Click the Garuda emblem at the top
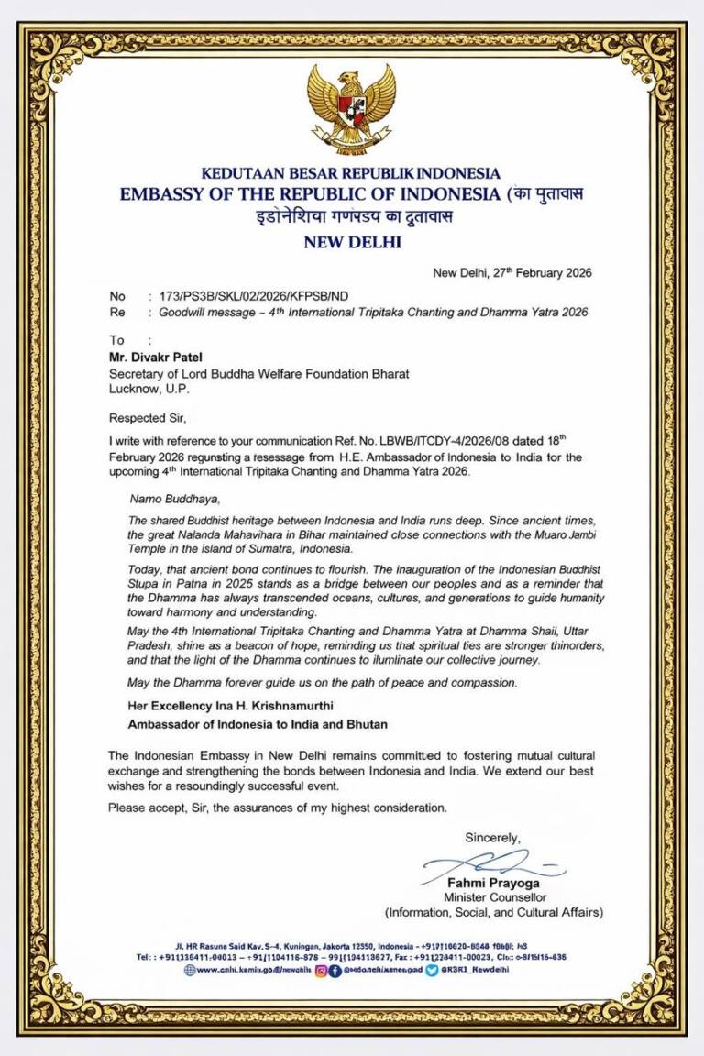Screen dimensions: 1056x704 [351, 108]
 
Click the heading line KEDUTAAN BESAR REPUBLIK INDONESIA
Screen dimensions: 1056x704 [351, 173]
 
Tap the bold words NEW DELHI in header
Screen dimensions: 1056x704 [351, 242]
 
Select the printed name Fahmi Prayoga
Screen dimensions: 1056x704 [493, 884]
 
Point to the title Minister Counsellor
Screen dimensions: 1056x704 [494, 897]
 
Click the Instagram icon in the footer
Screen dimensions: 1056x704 [321, 970]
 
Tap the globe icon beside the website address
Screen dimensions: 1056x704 [190, 970]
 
